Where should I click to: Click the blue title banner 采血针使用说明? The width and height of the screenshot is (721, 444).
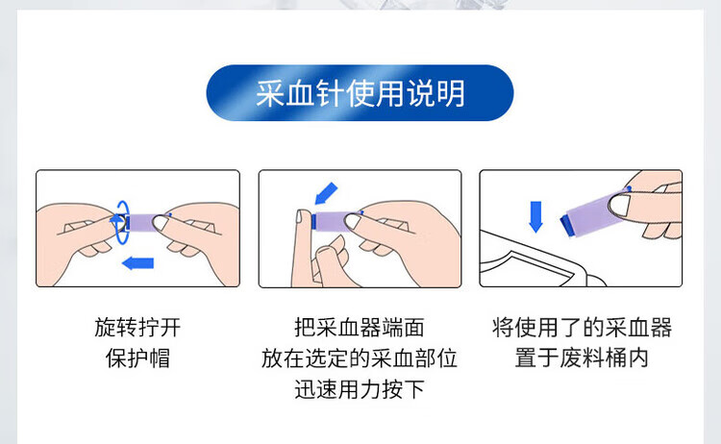[360, 93]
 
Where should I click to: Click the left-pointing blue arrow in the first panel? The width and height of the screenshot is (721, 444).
[137, 263]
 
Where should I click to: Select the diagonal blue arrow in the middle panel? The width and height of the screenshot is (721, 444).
[326, 193]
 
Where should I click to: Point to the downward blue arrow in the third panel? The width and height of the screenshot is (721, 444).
[535, 216]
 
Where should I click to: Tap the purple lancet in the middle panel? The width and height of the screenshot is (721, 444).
[334, 221]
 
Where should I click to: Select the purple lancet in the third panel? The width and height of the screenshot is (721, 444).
[593, 212]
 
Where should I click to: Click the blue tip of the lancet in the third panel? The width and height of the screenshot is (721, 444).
[567, 226]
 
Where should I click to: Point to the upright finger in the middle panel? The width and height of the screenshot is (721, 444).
[301, 248]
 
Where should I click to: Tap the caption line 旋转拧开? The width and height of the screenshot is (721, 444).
[137, 328]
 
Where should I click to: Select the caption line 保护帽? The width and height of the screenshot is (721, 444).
[137, 358]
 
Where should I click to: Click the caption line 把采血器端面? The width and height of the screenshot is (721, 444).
[360, 328]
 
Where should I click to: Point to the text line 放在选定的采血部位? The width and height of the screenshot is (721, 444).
[360, 358]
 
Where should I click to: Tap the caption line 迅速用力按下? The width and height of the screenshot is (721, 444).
[360, 389]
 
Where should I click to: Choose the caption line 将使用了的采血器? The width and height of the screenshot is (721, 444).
[582, 328]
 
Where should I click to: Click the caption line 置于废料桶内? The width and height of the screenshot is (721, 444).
[582, 358]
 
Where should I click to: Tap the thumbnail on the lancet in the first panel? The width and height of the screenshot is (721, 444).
[161, 223]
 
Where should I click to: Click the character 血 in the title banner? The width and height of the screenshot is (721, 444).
[299, 93]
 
